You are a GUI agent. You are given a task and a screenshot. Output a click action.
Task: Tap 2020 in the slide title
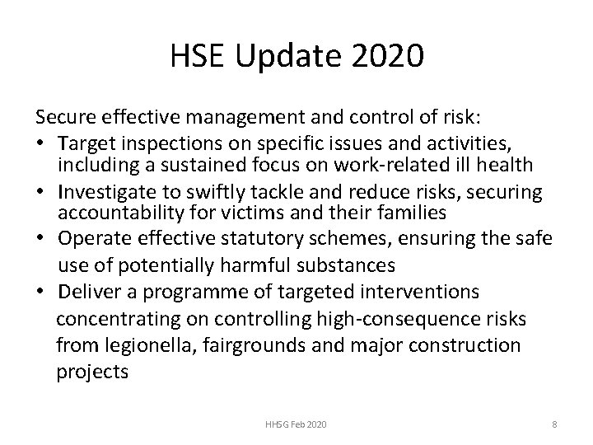[x=388, y=58]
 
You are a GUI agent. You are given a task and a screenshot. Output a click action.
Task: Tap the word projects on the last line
[x=92, y=372]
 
